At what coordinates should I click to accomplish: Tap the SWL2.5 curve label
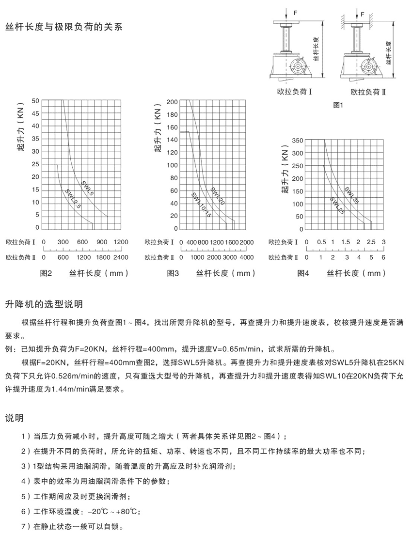[74, 199]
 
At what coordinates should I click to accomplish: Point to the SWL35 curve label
[352, 195]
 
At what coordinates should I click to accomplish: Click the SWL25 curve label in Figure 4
[337, 206]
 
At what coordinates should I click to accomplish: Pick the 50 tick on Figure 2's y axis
[35, 101]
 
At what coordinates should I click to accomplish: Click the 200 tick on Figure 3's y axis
[172, 102]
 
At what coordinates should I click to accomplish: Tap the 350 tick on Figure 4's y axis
[298, 141]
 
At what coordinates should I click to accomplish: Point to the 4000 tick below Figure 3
[247, 257]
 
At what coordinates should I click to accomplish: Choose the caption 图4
[303, 273]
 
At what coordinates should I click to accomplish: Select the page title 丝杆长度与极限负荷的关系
[63, 27]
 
